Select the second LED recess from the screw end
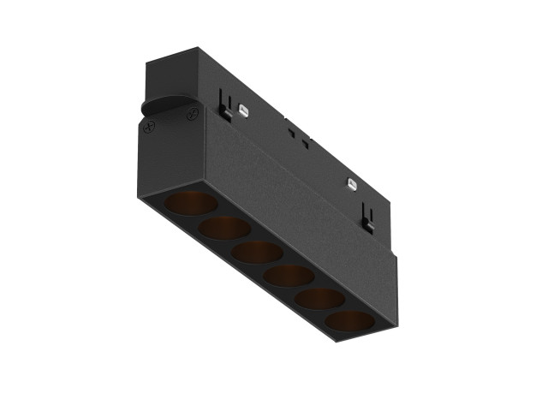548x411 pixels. click(225, 228)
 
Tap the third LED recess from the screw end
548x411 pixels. click(258, 252)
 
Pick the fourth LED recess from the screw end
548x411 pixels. click(289, 275)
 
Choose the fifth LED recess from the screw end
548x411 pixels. click(320, 299)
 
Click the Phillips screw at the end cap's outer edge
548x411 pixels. click(151, 128)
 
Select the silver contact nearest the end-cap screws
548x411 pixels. click(245, 110)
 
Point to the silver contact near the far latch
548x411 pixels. click(350, 182)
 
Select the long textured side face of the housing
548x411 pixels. click(300, 205)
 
